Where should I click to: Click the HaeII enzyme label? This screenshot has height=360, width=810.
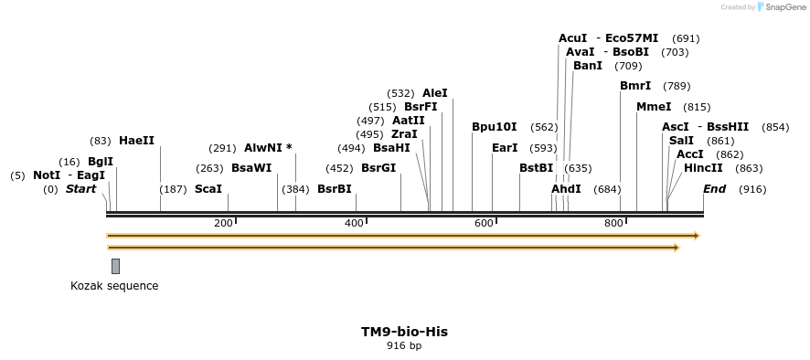[137, 141]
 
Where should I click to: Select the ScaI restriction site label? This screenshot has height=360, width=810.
[208, 189]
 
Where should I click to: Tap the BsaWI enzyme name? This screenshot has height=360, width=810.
[251, 168]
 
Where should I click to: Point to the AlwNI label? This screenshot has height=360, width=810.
[268, 148]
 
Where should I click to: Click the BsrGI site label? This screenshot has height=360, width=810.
[378, 168]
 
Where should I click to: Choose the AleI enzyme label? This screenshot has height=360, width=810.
[435, 93]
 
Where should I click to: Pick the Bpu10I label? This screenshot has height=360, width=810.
[495, 127]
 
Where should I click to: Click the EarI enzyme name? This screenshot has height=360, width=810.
[505, 148]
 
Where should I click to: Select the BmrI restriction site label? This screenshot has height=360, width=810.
[635, 86]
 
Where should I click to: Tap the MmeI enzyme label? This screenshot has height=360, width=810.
[654, 107]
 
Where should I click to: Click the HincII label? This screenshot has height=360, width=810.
[703, 168]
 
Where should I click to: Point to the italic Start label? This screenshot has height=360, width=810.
[80, 189]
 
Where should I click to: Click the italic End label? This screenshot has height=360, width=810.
[715, 189]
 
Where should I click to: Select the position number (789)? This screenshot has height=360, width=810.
[677, 86]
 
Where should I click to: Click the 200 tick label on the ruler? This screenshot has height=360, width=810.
[223, 224]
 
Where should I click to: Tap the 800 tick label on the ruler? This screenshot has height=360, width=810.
[613, 224]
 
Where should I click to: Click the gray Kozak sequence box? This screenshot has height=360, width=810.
[115, 266]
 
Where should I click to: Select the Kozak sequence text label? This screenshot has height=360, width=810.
[114, 286]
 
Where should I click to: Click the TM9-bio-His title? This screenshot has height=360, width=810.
[404, 332]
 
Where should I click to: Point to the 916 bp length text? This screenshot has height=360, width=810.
[404, 346]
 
